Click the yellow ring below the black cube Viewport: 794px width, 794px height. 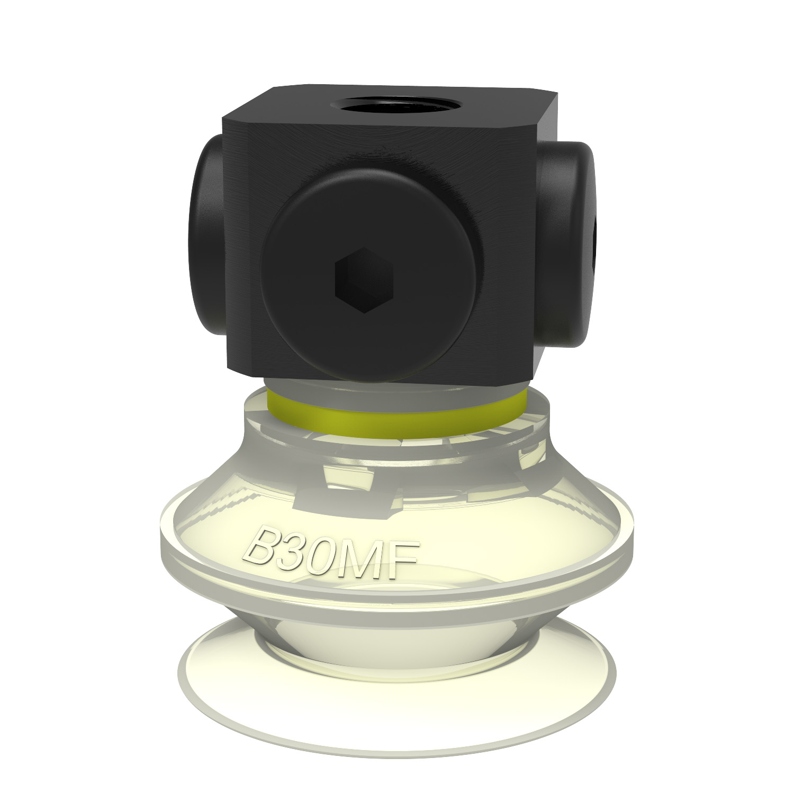(397, 416)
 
